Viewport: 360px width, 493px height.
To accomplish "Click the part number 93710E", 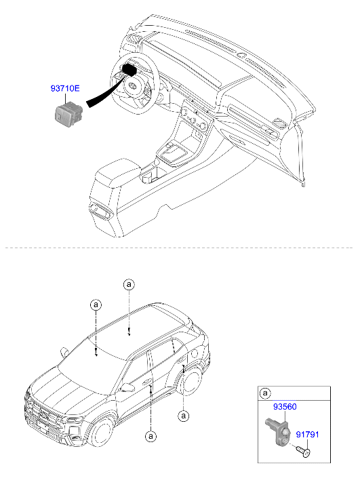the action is (x=65, y=88).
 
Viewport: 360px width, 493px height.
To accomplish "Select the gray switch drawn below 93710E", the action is (x=67, y=114).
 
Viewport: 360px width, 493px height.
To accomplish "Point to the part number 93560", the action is (x=285, y=407).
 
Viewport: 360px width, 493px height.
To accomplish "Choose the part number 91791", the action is (x=307, y=435).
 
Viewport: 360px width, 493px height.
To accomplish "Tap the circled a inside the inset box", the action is (x=265, y=393).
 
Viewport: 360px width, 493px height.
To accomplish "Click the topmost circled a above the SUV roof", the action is (x=129, y=285).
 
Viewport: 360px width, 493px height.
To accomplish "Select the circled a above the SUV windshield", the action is (x=96, y=304).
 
